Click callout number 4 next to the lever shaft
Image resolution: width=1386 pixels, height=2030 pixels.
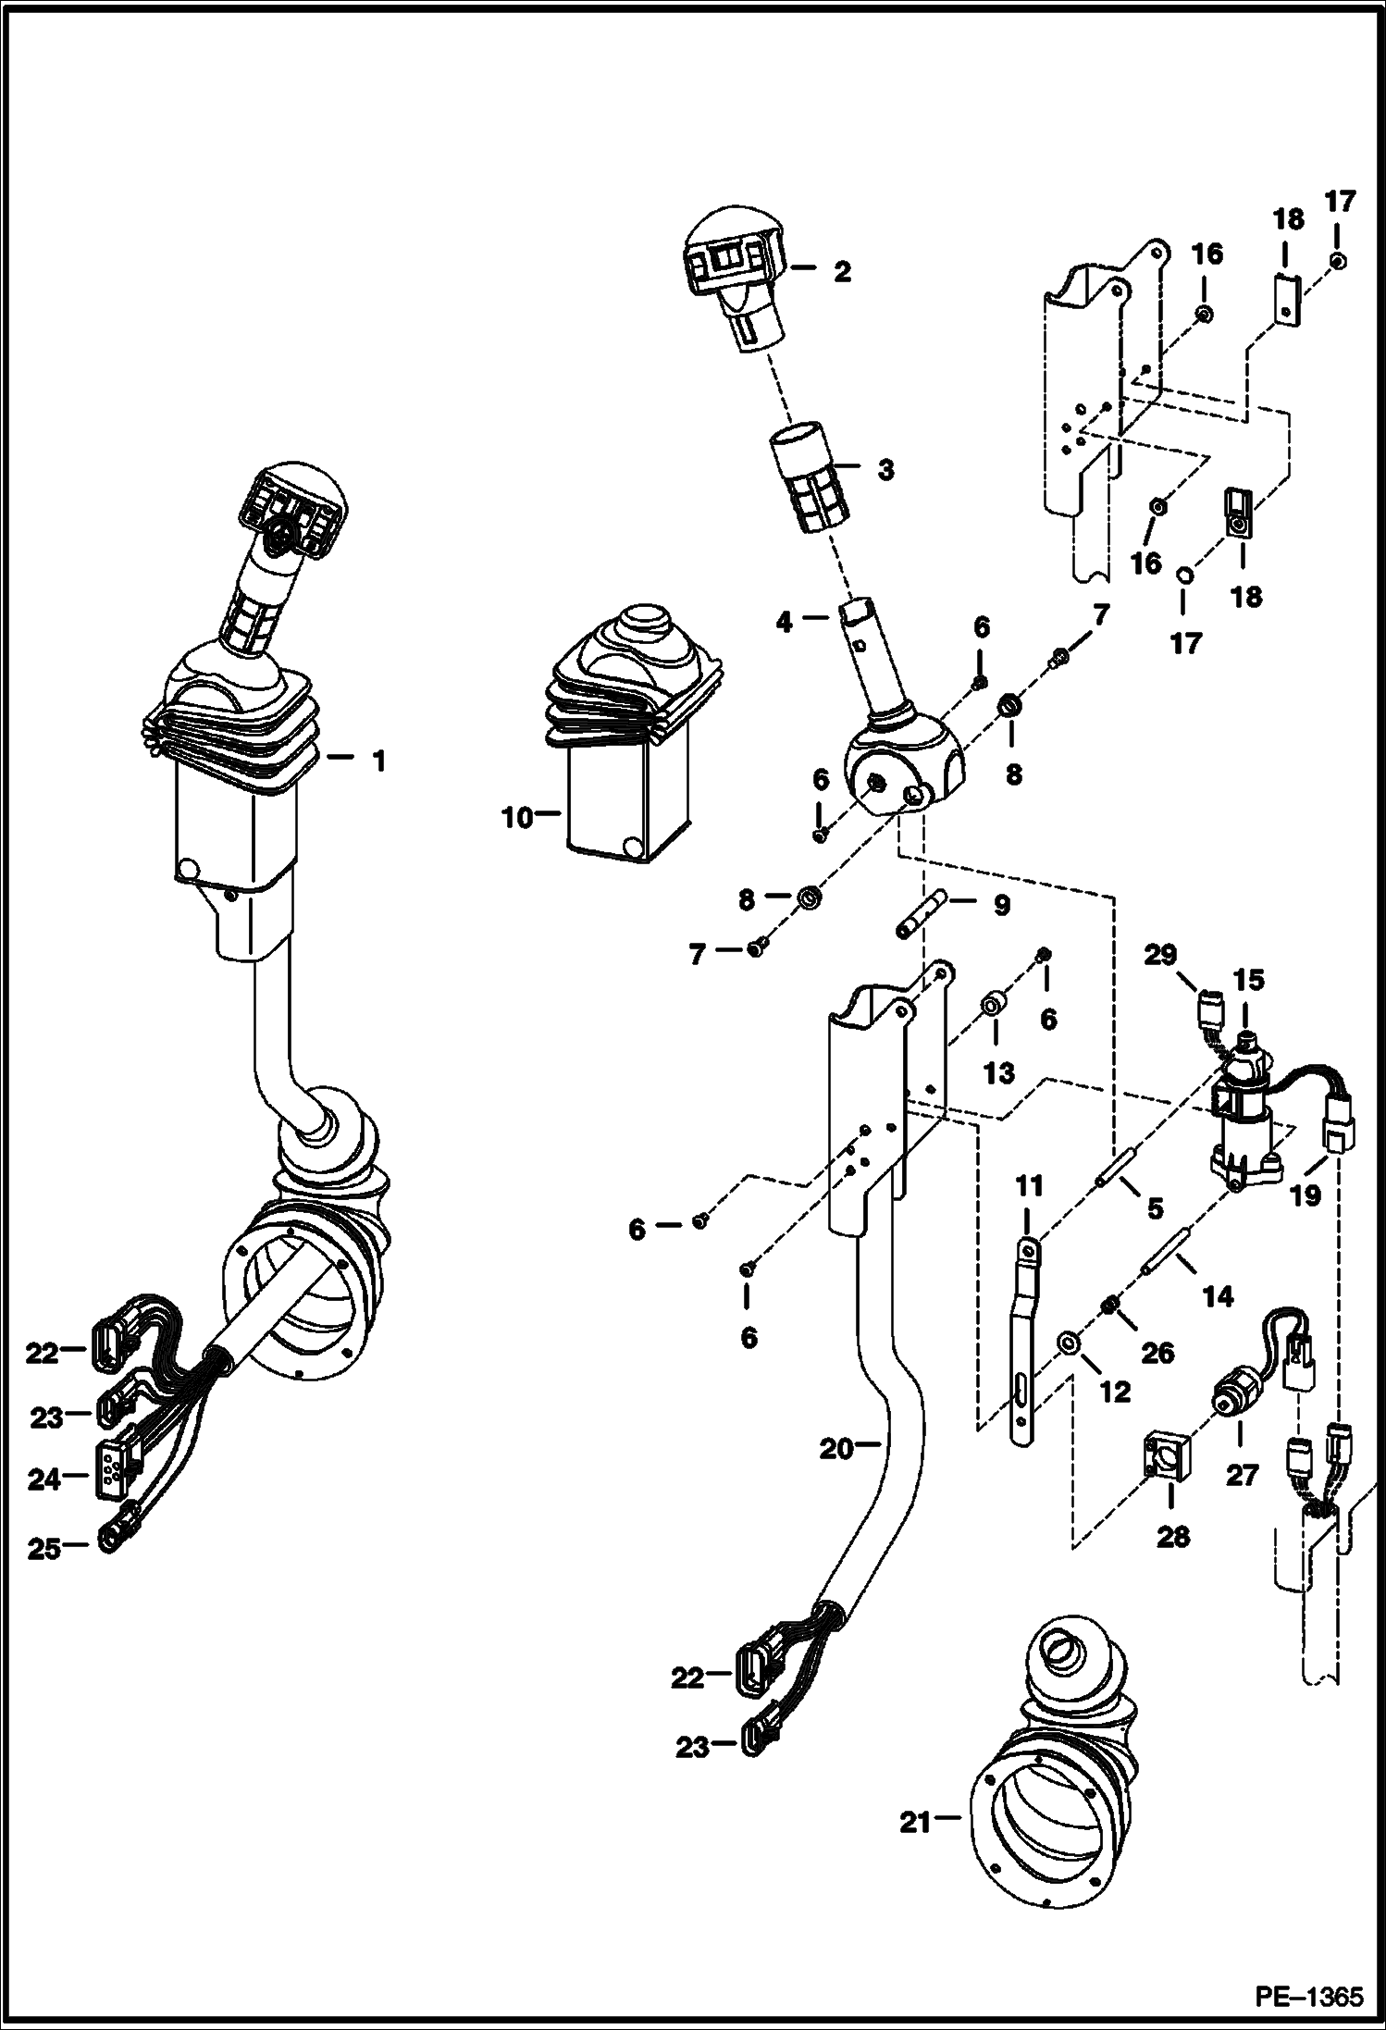(x=784, y=623)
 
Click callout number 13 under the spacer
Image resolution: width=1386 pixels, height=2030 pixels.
(x=999, y=1073)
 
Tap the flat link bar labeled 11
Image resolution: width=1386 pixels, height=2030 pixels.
(x=1022, y=1351)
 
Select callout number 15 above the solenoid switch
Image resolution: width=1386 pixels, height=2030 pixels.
(x=1247, y=979)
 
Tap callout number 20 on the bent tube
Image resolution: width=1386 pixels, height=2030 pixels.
(x=835, y=1448)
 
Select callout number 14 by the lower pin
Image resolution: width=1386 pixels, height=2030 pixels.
(x=1217, y=1296)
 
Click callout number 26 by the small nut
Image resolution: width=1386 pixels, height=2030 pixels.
(x=1157, y=1353)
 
